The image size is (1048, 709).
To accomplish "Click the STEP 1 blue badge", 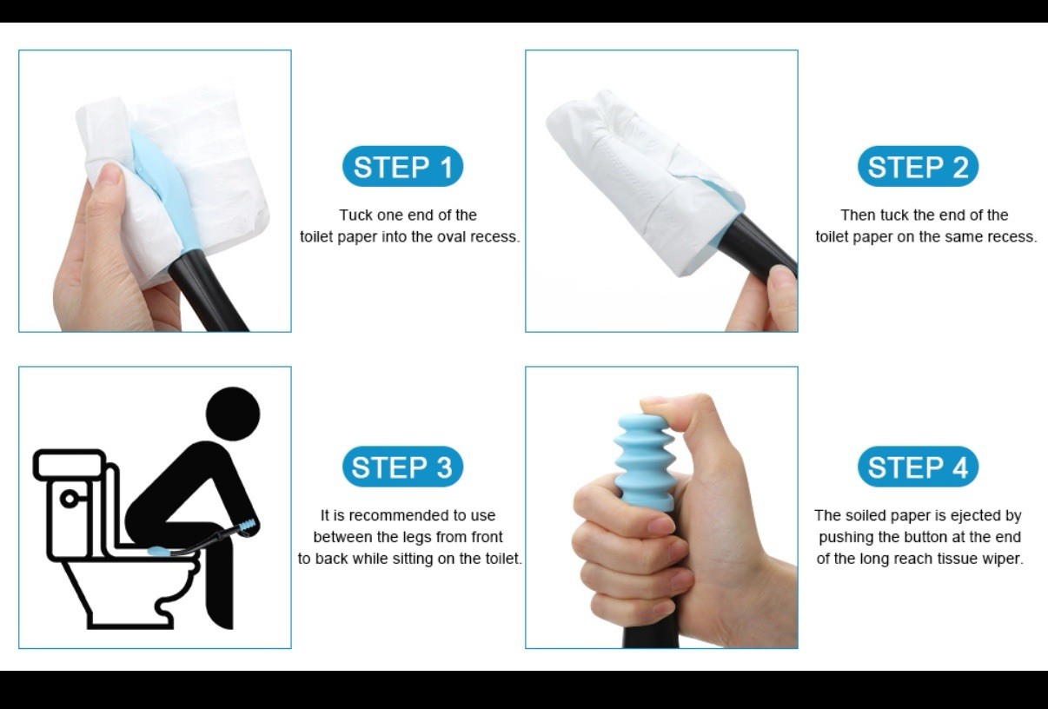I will (x=402, y=167).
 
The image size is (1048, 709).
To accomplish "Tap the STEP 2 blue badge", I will (x=918, y=167).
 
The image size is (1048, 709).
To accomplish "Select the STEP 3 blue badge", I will (x=402, y=467).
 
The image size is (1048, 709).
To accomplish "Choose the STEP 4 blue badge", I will (x=918, y=467).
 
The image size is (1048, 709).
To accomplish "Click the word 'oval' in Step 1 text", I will (x=452, y=237).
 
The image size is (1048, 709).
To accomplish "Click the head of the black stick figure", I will (x=233, y=414).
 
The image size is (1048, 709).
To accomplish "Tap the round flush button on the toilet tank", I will (x=68, y=499).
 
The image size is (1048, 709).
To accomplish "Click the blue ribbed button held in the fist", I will (x=643, y=461).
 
